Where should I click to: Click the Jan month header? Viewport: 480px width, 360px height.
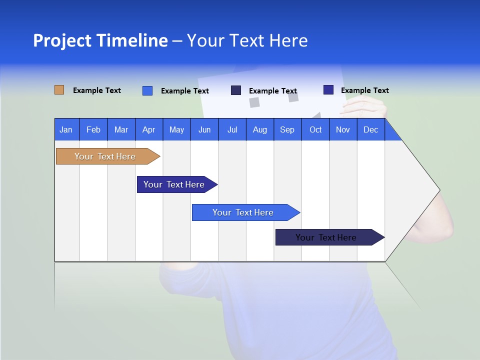pos(66,129)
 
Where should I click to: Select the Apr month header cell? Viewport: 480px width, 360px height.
pos(149,129)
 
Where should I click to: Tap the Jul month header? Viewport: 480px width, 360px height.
pos(232,129)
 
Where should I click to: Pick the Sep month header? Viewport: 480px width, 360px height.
pos(287,129)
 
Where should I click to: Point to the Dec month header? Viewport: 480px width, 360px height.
pos(370,129)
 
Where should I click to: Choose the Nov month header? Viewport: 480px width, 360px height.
pos(343,129)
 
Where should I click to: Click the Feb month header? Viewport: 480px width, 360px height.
pos(93,129)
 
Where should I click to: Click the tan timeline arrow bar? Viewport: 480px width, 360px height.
pos(105,156)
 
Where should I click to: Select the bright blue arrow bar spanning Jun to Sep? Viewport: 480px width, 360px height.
pos(243,212)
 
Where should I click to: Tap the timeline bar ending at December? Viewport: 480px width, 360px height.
pos(326,237)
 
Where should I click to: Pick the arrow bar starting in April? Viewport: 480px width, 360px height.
pos(174,184)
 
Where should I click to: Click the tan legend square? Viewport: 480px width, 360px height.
pos(59,90)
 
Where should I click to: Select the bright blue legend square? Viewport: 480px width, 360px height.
pos(147,90)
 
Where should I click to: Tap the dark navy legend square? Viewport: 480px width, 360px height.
pos(236,90)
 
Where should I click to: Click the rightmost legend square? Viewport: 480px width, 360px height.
pos(328,90)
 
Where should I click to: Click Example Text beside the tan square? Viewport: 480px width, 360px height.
pos(97,90)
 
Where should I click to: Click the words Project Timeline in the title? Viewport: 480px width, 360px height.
pos(100,40)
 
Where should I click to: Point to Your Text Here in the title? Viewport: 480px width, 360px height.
pos(247,40)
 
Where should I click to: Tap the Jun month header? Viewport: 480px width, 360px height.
pos(204,129)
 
